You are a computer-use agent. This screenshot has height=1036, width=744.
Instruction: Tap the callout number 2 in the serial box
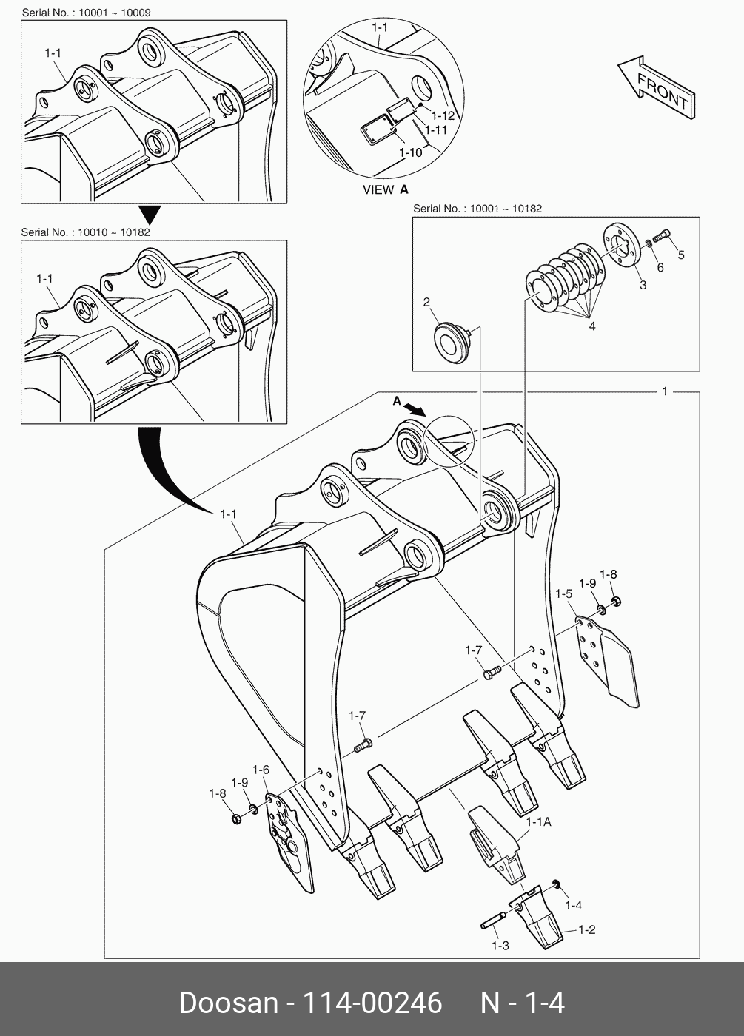pyautogui.click(x=426, y=302)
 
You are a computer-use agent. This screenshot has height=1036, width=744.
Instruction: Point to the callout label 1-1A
pyautogui.click(x=538, y=821)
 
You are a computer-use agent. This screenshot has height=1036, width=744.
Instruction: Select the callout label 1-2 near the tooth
pyautogui.click(x=586, y=929)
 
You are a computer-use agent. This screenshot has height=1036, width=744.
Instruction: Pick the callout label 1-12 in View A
pyautogui.click(x=443, y=116)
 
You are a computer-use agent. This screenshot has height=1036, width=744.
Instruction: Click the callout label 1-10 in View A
pyautogui.click(x=410, y=152)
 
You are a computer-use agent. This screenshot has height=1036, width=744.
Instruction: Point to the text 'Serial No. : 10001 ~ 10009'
pyautogui.click(x=86, y=13)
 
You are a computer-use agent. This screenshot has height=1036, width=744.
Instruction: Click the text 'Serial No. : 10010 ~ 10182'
pyautogui.click(x=86, y=232)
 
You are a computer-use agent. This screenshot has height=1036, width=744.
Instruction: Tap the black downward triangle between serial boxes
pyautogui.click(x=151, y=215)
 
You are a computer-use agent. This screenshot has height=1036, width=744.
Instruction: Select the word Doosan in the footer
pyautogui.click(x=227, y=1003)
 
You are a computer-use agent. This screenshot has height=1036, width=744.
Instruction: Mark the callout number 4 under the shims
pyautogui.click(x=591, y=326)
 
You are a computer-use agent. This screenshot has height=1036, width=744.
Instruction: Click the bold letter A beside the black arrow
pyautogui.click(x=397, y=401)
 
